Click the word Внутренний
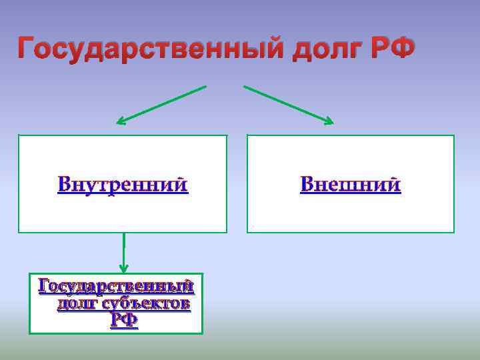(x=123, y=184)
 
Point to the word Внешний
(x=351, y=184)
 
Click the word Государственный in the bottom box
(x=117, y=287)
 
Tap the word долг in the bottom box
(x=75, y=304)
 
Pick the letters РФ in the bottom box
(x=124, y=321)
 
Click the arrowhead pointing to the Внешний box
(x=329, y=121)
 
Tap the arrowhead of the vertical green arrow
(x=123, y=269)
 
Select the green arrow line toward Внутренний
(x=163, y=104)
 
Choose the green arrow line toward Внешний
(x=287, y=103)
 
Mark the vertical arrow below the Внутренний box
(x=123, y=250)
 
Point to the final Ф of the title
(x=403, y=48)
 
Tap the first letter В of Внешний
(x=307, y=184)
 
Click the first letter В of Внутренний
(x=65, y=184)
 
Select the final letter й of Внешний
(x=394, y=183)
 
